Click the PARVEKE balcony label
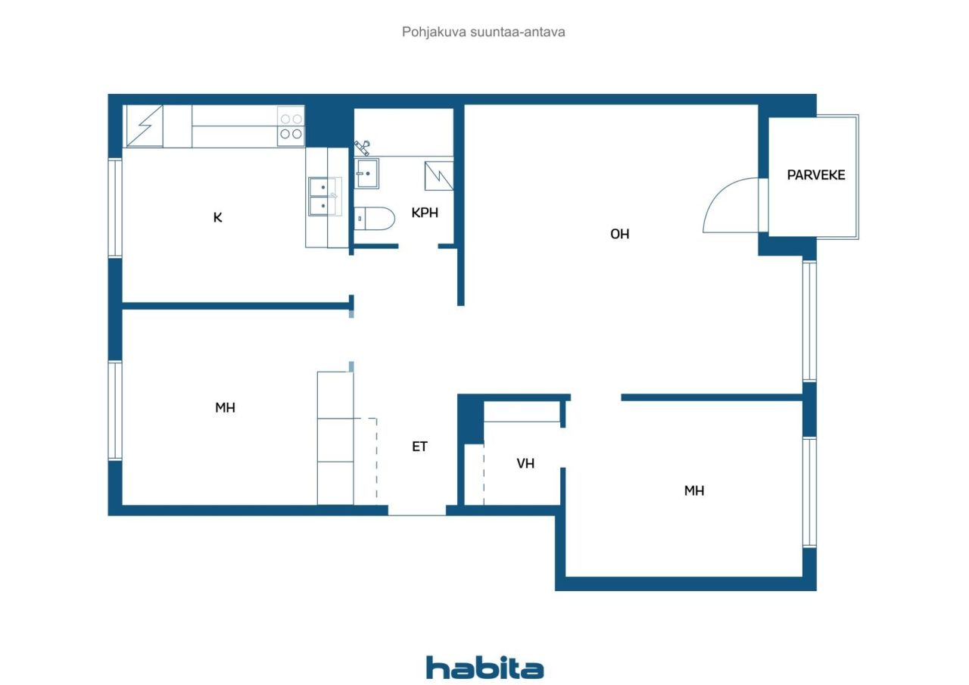click(815, 175)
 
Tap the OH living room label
click(619, 234)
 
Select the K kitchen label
click(218, 218)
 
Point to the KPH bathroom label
click(425, 213)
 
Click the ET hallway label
click(419, 447)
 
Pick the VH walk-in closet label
click(525, 463)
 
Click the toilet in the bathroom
click(375, 219)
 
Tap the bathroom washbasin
click(367, 173)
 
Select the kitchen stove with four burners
click(291, 126)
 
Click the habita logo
click(484, 668)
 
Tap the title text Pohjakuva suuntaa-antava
click(484, 32)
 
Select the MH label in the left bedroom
click(225, 408)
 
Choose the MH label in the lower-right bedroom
click(694, 490)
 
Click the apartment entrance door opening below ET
click(417, 511)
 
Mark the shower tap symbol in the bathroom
click(362, 146)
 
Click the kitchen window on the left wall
click(115, 207)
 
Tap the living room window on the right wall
click(809, 321)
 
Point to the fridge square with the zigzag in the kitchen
click(144, 126)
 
